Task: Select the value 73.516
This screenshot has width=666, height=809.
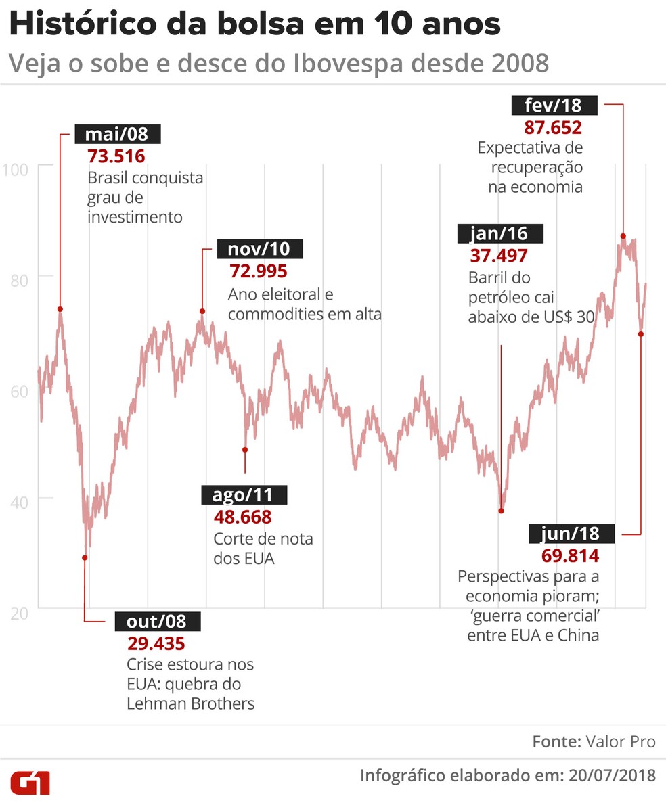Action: click(116, 156)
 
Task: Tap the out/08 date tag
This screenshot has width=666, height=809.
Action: click(156, 621)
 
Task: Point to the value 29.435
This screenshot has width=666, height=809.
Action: click(156, 643)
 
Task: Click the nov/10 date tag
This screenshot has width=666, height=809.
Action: click(259, 249)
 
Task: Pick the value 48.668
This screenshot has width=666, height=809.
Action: click(242, 517)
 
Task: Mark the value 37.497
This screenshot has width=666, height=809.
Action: click(498, 256)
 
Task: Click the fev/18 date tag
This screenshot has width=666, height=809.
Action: click(552, 106)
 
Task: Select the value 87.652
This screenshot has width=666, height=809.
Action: click(552, 127)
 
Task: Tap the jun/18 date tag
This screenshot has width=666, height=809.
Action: click(571, 534)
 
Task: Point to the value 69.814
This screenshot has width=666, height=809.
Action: click(570, 556)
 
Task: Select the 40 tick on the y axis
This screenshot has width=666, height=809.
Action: click(18, 499)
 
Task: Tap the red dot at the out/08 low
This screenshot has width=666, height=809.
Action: click(85, 557)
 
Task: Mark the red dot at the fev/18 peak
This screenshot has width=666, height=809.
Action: click(623, 236)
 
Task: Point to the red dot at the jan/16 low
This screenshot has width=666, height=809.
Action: click(501, 511)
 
